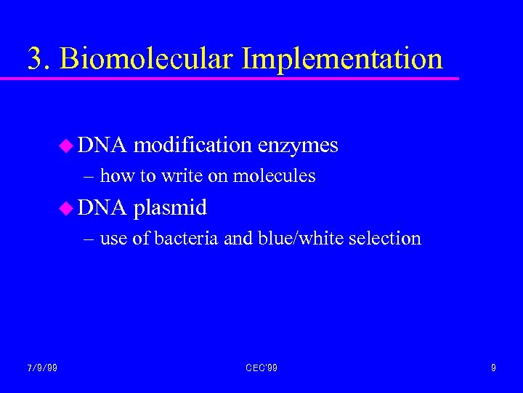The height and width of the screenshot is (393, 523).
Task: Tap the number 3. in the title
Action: pos(39,58)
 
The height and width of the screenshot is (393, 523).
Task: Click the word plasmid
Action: pos(171,207)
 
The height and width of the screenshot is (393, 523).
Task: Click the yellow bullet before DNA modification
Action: pos(65,146)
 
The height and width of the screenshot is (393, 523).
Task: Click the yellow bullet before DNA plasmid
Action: pos(65,208)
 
